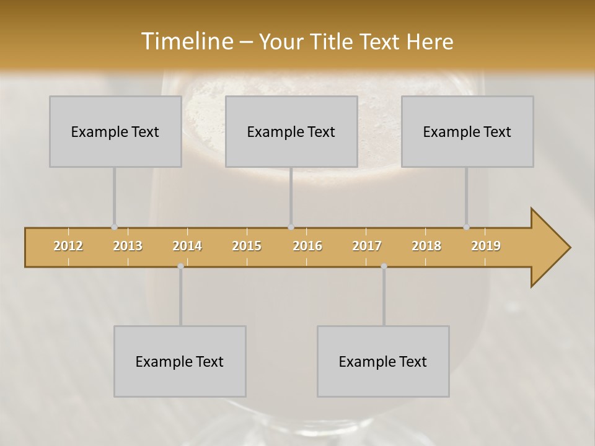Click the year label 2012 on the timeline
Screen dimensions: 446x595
(68, 246)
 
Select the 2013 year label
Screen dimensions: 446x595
(128, 246)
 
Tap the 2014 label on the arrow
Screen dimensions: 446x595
(187, 246)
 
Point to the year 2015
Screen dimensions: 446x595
(247, 246)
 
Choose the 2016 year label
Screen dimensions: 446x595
(307, 246)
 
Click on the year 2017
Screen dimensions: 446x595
(367, 246)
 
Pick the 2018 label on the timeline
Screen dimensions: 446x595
(426, 246)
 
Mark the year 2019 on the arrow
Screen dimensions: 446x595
(486, 246)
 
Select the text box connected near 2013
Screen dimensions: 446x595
(115, 132)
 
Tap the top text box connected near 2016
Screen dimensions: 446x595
(291, 132)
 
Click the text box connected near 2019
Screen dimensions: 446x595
(467, 132)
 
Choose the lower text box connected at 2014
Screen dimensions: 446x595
(180, 361)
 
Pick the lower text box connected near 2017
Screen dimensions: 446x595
(383, 361)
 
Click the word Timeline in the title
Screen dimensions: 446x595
(186, 41)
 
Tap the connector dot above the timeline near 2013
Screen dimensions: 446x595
(114, 227)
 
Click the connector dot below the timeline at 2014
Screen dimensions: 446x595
(180, 266)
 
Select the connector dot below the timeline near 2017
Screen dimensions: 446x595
(384, 266)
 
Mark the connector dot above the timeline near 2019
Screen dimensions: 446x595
(466, 227)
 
